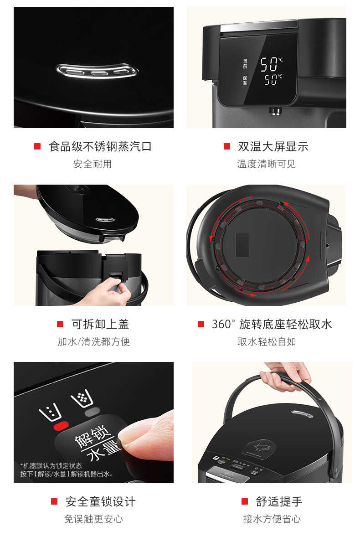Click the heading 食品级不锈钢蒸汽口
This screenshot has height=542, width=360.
(x=100, y=146)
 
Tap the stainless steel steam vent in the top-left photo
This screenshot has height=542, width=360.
(x=98, y=71)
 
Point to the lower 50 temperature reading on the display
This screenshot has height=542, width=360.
(x=272, y=81)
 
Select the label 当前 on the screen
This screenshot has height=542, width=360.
(x=245, y=63)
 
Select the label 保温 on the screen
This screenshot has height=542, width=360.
(x=245, y=81)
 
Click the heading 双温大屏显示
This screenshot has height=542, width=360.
(x=273, y=146)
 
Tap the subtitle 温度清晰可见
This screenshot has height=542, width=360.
(x=266, y=164)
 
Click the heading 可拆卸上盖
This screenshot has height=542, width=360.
(x=100, y=324)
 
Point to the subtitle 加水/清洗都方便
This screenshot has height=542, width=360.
(x=93, y=341)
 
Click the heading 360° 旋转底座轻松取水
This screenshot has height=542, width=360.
(x=272, y=324)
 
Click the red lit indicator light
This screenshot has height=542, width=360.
(x=61, y=425)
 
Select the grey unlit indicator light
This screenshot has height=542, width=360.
(x=92, y=411)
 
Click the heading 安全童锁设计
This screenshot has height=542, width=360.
(x=100, y=502)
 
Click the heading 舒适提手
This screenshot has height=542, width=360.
(x=279, y=502)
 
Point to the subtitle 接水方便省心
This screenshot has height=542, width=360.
(x=272, y=519)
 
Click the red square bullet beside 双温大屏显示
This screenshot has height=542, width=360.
(x=227, y=146)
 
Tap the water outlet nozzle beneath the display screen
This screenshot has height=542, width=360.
(x=275, y=110)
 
